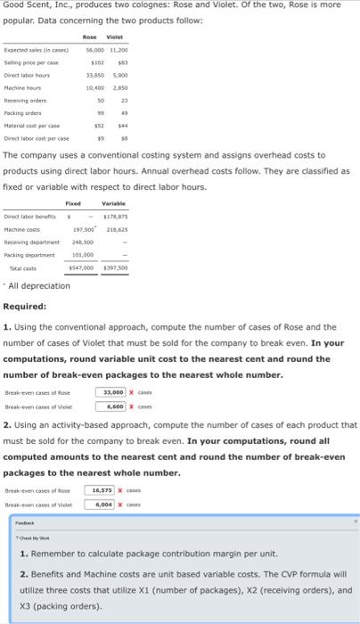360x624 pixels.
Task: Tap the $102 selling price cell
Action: coord(98,63)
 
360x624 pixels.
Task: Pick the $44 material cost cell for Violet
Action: coord(126,126)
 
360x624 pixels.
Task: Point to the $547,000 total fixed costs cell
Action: coord(84,267)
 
